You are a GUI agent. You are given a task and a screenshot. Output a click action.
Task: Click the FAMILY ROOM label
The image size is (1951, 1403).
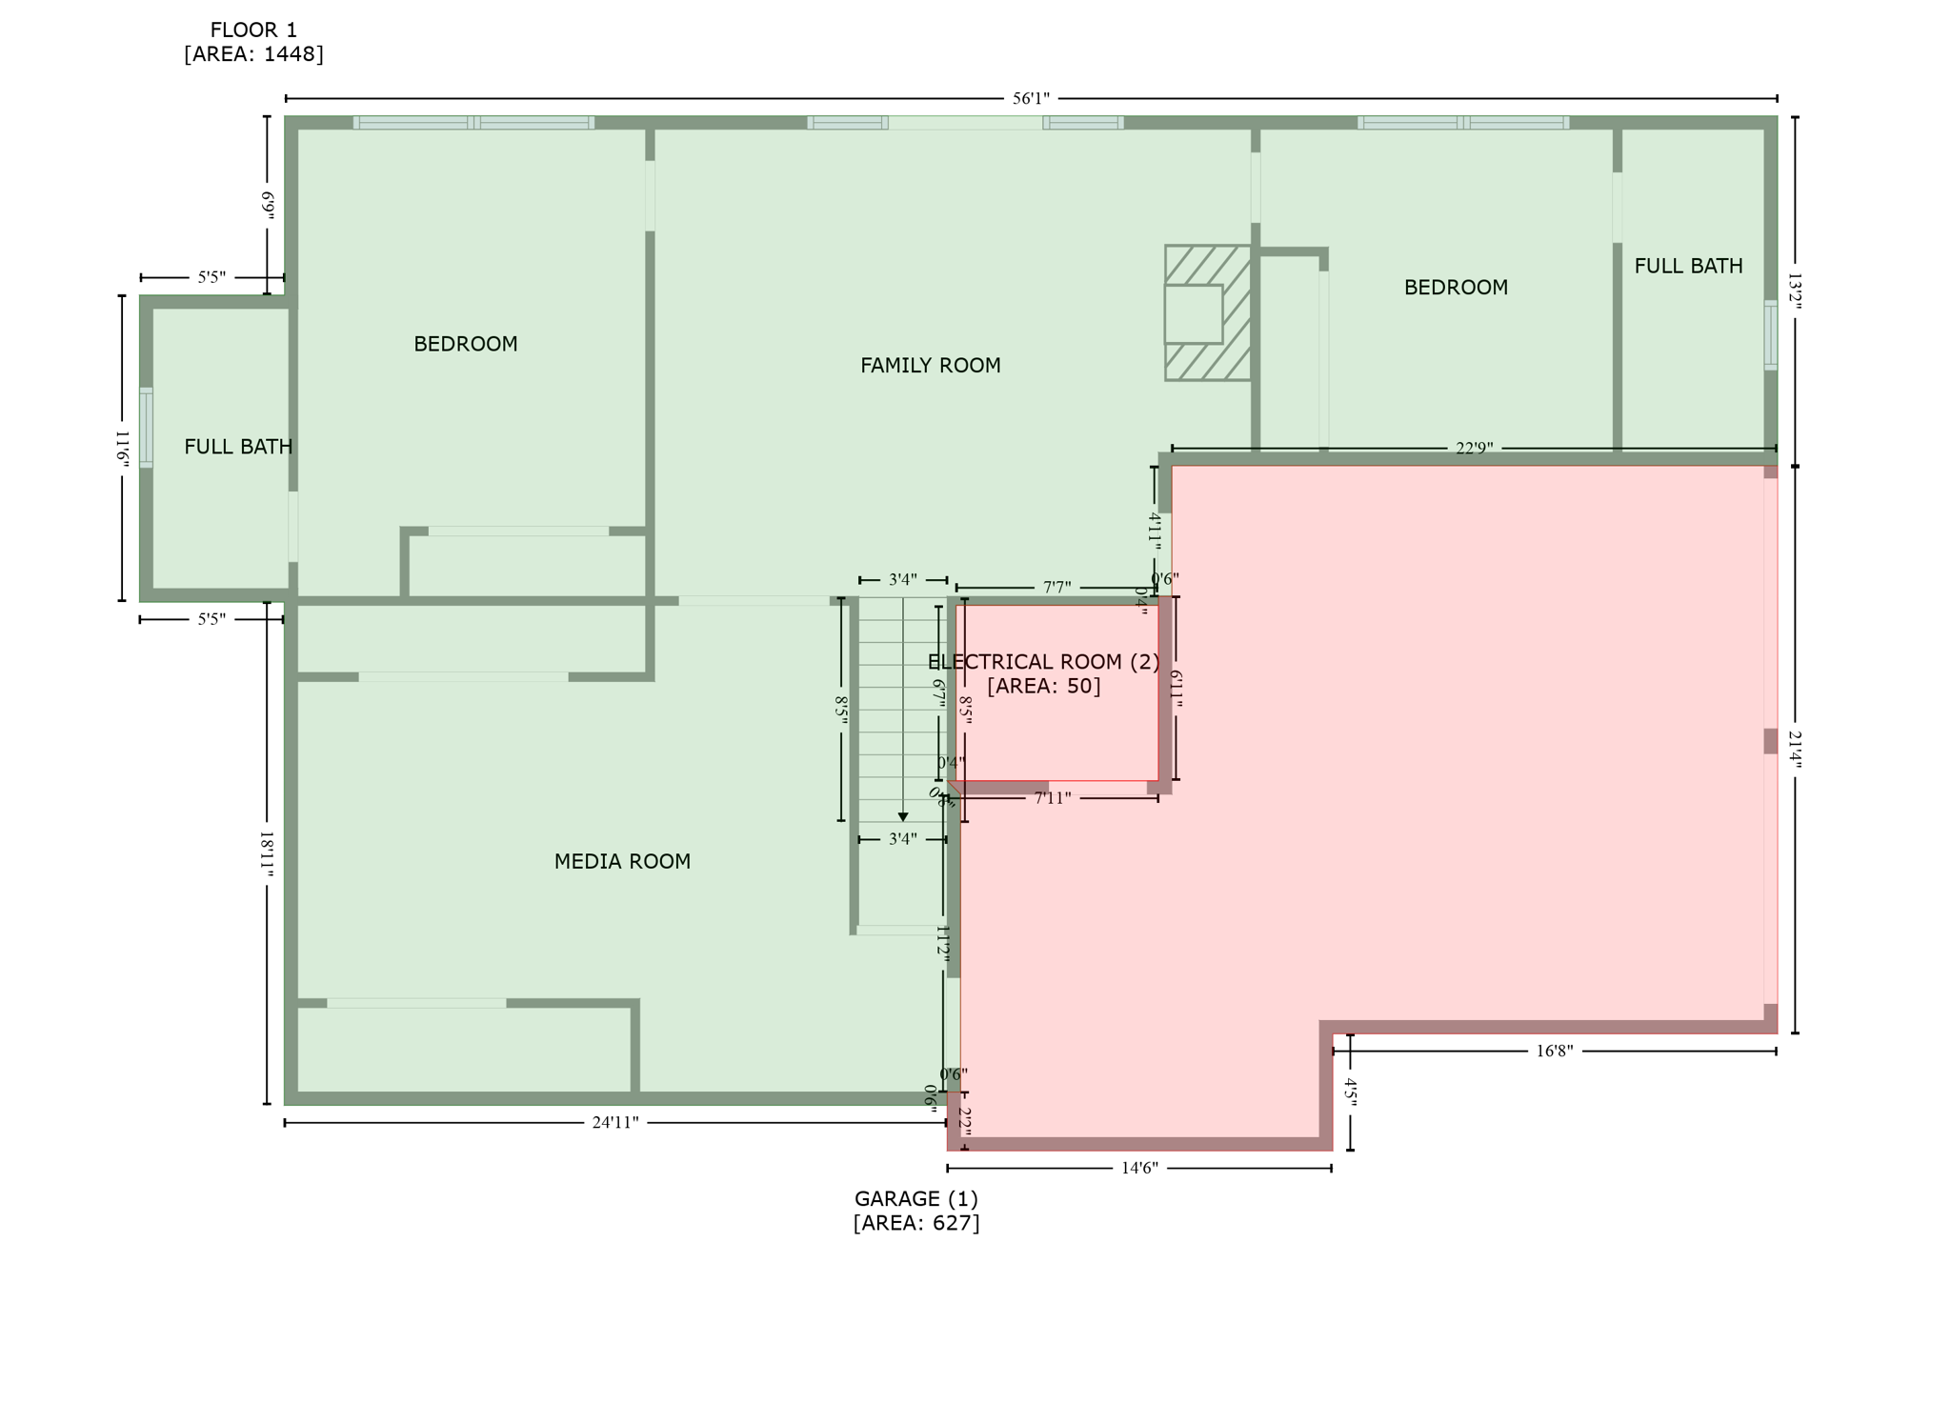pyautogui.click(x=930, y=366)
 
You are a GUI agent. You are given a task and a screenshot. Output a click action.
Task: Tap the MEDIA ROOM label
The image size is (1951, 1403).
pyautogui.click(x=622, y=862)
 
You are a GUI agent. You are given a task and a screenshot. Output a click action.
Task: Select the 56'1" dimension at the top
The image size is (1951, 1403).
pyautogui.click(x=1031, y=99)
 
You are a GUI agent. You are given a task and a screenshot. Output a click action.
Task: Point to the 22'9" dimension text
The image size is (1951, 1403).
pyautogui.click(x=1474, y=449)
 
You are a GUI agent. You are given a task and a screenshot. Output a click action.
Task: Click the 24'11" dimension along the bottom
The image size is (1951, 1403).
pyautogui.click(x=615, y=1123)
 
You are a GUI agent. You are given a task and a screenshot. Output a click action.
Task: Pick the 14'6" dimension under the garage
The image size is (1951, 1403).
pyautogui.click(x=1139, y=1169)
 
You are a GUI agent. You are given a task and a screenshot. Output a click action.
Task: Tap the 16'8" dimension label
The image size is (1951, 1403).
pyautogui.click(x=1555, y=1052)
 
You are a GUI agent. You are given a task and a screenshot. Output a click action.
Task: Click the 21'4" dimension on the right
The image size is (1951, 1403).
pyautogui.click(x=1795, y=750)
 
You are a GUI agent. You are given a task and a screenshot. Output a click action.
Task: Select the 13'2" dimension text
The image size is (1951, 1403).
pyautogui.click(x=1795, y=291)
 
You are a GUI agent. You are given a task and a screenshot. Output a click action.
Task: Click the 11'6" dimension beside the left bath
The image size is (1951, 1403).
pyautogui.click(x=123, y=448)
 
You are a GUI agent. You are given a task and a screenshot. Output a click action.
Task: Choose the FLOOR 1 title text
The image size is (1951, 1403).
pyautogui.click(x=253, y=30)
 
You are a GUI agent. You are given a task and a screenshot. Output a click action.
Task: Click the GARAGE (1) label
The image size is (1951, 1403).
pyautogui.click(x=915, y=1199)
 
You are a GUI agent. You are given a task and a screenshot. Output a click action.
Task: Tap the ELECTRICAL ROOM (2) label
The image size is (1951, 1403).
pyautogui.click(x=1044, y=662)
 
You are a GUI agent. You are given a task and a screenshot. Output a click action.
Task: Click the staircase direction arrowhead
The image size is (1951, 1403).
pyautogui.click(x=903, y=817)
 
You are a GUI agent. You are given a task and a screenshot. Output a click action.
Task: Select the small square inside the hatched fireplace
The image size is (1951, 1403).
pyautogui.click(x=1194, y=314)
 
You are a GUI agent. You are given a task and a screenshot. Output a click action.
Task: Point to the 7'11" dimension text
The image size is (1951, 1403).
pyautogui.click(x=1053, y=798)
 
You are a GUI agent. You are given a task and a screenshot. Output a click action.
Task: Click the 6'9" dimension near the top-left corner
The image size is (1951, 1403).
pyautogui.click(x=268, y=206)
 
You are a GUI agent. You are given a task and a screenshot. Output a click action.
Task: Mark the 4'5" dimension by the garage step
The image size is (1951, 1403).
pyautogui.click(x=1350, y=1092)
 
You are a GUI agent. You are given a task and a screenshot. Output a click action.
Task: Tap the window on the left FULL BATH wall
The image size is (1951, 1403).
pyautogui.click(x=146, y=428)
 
